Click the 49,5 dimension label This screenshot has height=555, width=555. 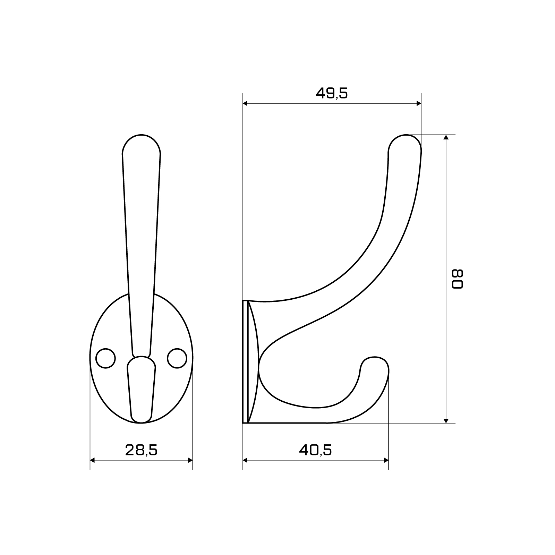click(332, 93)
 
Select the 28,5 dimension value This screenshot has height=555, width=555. click(141, 450)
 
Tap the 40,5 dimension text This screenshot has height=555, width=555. click(315, 450)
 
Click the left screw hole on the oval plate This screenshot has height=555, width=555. click(105, 358)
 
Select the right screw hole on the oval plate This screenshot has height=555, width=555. click(177, 358)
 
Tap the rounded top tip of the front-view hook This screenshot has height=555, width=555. click(141, 135)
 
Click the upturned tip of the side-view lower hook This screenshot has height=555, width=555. click(375, 357)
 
